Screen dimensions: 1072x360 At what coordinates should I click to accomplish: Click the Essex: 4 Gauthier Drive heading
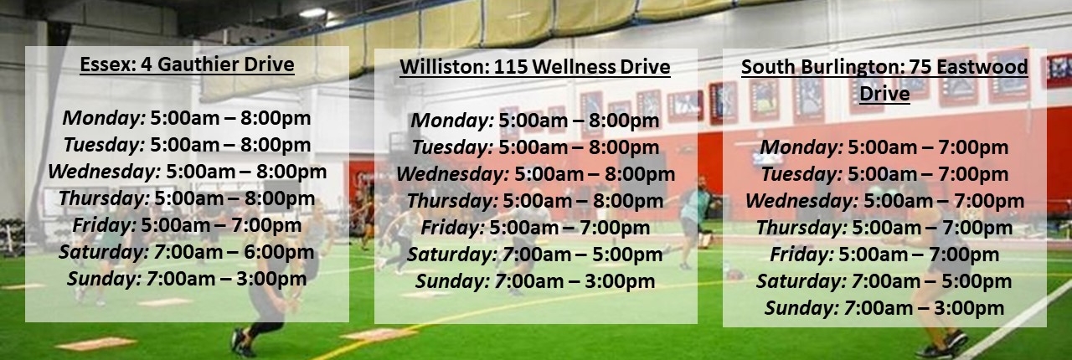coord(187,64)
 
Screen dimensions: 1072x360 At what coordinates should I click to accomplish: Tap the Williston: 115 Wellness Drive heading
coord(535,67)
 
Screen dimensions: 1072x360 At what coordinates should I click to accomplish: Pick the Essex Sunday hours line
coord(187,279)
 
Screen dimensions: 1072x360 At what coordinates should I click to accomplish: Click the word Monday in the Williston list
coord(452,121)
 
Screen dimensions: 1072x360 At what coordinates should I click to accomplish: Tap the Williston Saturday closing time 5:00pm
coord(627,255)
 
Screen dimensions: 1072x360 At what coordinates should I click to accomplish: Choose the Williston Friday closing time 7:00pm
coord(615,228)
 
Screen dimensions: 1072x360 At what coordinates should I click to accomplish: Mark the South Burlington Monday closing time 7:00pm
coord(973,147)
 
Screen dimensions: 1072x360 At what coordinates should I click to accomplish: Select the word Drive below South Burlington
coord(884,94)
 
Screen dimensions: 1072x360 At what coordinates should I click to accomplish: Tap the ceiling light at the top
coord(312,13)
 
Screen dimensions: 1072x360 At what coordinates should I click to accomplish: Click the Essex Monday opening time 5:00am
coord(185,118)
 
